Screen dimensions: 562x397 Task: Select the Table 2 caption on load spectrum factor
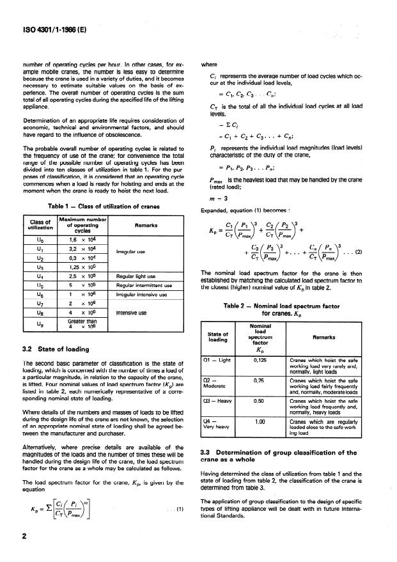293,309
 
